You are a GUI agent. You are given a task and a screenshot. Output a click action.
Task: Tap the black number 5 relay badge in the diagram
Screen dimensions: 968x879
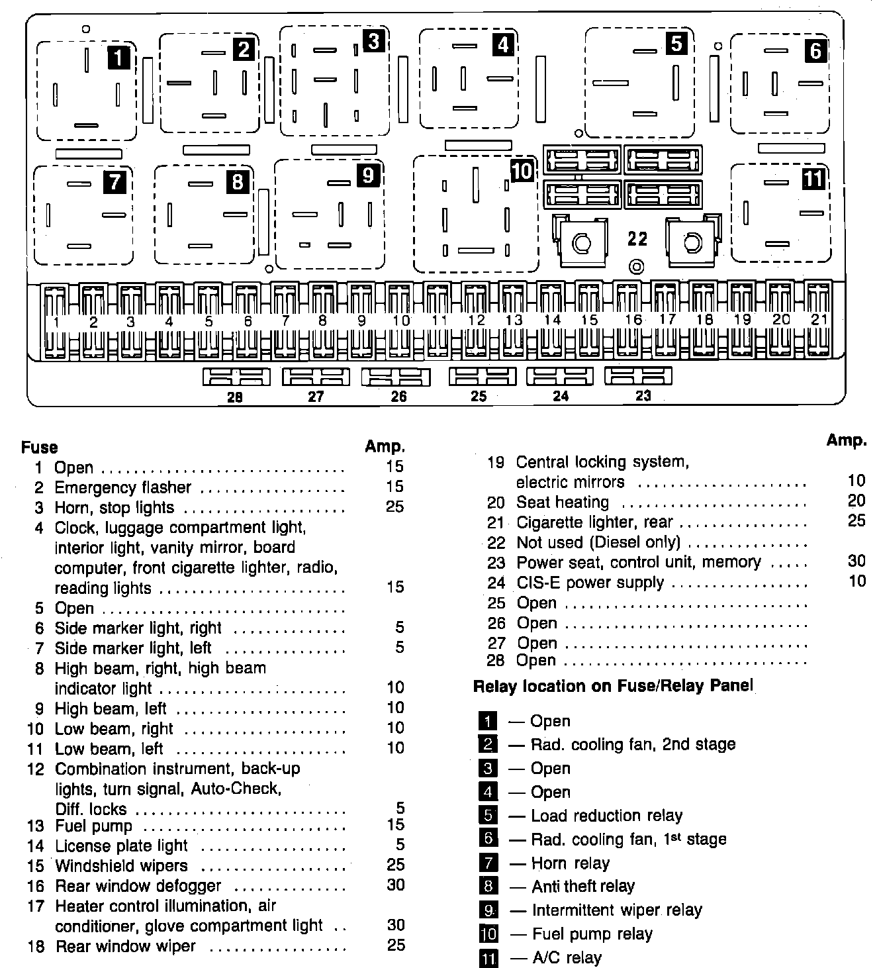click(676, 43)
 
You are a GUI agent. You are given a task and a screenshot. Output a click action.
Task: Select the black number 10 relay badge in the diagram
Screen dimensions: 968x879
click(522, 171)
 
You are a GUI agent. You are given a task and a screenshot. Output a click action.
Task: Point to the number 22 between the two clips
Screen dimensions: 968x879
click(637, 238)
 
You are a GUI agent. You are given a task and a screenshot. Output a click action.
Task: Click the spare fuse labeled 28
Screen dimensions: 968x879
click(236, 377)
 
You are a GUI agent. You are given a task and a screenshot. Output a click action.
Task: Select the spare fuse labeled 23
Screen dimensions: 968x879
click(638, 376)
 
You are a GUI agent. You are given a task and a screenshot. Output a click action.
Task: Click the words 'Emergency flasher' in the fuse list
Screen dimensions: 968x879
click(122, 487)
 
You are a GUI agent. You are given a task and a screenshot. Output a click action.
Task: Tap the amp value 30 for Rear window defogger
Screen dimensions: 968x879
click(395, 885)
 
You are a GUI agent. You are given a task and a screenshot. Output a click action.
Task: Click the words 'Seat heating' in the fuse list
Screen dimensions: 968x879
click(562, 502)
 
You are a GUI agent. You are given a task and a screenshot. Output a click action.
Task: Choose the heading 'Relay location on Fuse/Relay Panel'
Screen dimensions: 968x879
click(613, 686)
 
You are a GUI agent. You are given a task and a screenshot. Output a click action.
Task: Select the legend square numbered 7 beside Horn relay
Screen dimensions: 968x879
click(487, 863)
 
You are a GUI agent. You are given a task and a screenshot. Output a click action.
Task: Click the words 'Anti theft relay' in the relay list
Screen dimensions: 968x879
click(583, 886)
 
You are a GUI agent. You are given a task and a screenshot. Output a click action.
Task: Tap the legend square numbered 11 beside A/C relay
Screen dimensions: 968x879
click(488, 957)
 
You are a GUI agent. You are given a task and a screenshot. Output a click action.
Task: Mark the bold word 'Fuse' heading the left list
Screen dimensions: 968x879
click(40, 447)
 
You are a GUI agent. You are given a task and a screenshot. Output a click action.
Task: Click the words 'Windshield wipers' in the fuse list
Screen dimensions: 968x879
click(122, 865)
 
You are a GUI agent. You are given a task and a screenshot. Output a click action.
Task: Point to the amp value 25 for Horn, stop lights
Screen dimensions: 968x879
click(394, 507)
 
